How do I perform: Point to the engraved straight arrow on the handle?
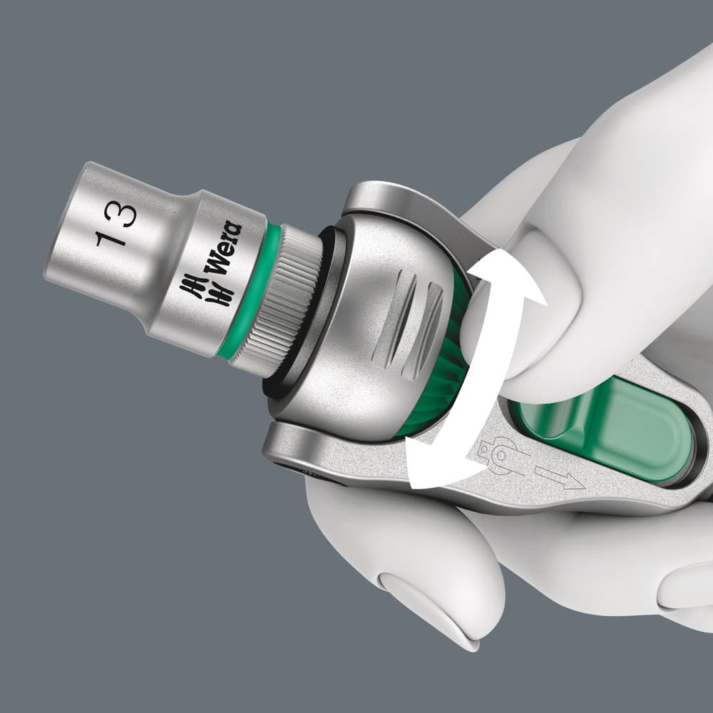pyautogui.click(x=559, y=478)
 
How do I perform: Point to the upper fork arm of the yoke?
pyautogui.click(x=399, y=207)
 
